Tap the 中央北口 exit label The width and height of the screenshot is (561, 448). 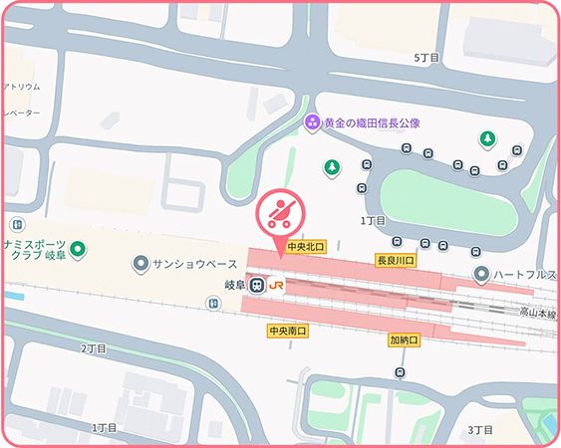pyautogui.click(x=306, y=245)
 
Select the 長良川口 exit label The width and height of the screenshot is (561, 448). pyautogui.click(x=396, y=260)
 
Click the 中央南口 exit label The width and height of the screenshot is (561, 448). pyautogui.click(x=287, y=330)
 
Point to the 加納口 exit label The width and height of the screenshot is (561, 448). pyautogui.click(x=406, y=340)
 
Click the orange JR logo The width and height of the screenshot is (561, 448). pyautogui.click(x=277, y=286)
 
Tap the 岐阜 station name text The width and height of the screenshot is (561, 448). pyautogui.click(x=234, y=286)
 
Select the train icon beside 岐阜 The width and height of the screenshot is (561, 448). pyautogui.click(x=257, y=286)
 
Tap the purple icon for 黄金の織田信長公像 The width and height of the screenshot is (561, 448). pyautogui.click(x=312, y=121)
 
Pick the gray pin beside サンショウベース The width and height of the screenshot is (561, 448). pyautogui.click(x=141, y=264)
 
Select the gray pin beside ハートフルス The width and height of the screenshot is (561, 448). pyautogui.click(x=482, y=273)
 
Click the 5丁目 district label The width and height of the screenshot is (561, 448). pyautogui.click(x=425, y=59)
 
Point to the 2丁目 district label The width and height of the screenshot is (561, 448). pyautogui.click(x=93, y=348)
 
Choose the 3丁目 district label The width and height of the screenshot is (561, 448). pyautogui.click(x=480, y=429)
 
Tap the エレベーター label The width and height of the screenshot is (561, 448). pyautogui.click(x=20, y=112)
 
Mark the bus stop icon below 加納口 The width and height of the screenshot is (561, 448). pyautogui.click(x=400, y=372)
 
